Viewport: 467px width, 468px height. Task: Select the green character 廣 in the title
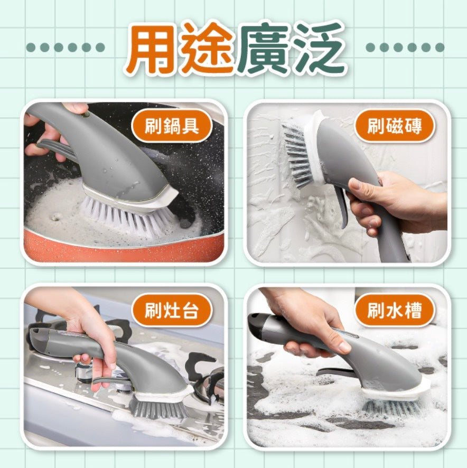263,49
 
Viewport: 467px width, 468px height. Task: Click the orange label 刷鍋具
172,126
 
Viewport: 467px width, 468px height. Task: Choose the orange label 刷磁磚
395,126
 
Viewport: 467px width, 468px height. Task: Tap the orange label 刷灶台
172,311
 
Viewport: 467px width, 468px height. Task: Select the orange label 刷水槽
395,311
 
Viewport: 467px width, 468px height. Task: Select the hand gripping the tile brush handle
394,203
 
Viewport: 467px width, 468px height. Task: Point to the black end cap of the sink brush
257,325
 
